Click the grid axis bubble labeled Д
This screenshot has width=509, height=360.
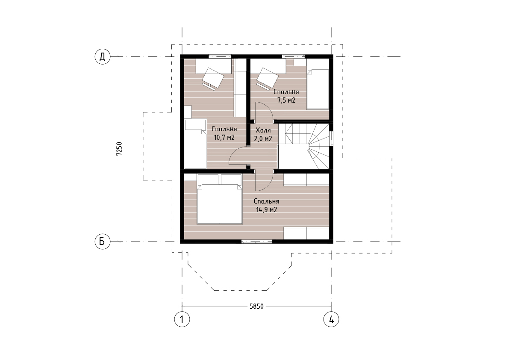click(102, 57)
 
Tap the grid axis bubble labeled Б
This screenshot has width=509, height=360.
click(102, 242)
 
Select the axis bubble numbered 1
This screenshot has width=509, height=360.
click(182, 319)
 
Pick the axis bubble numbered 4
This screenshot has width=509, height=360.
click(331, 319)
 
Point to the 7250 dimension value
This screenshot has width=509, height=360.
click(119, 149)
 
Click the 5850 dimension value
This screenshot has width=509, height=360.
click(256, 306)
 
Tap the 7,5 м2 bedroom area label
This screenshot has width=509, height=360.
click(286, 100)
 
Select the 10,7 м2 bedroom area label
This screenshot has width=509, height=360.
click(224, 138)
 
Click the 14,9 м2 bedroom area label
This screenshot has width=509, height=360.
click(267, 210)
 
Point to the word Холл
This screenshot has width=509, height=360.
click(263, 130)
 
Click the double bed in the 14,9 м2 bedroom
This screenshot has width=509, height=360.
click(220, 199)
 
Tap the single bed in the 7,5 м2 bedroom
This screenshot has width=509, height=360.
click(318, 84)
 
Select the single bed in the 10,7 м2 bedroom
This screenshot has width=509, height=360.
click(195, 144)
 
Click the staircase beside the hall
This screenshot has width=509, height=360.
click(304, 146)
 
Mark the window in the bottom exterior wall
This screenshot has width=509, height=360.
click(256, 241)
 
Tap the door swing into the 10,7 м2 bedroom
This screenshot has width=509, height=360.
click(238, 156)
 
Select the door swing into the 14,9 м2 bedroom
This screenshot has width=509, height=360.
click(264, 180)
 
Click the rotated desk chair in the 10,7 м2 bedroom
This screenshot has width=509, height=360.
click(213, 78)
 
